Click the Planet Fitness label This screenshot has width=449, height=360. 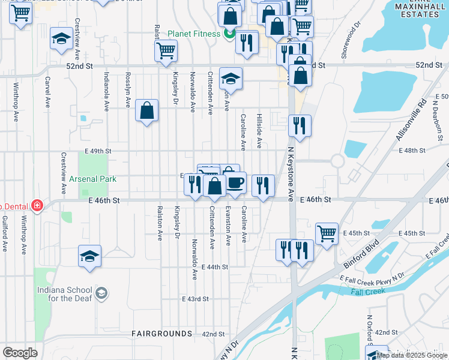point(194,34)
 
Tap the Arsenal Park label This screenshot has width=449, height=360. point(91,179)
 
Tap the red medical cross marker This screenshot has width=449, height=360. point(37,205)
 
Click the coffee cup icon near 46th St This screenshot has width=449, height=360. point(235,181)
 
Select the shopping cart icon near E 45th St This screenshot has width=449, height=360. point(326,233)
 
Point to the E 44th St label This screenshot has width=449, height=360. point(215,266)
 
